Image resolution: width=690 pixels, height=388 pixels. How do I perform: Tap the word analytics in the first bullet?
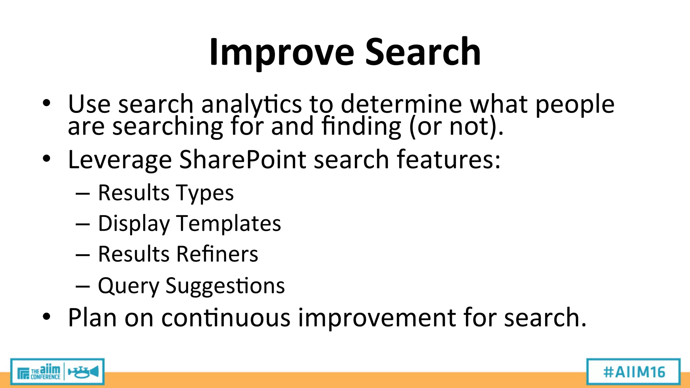tap(251, 104)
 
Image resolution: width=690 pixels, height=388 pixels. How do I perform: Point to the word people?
tap(575, 104)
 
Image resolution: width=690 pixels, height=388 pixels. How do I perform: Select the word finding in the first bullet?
tap(361, 127)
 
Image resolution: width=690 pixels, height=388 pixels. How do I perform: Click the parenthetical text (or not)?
tap(456, 127)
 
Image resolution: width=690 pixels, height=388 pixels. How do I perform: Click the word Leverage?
tap(120, 160)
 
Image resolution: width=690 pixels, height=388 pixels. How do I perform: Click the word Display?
tap(134, 224)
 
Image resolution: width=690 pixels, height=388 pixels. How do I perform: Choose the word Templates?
tap(228, 223)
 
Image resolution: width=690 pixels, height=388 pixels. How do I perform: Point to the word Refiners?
tap(217, 254)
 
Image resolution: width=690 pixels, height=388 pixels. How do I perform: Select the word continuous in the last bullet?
tap(226, 318)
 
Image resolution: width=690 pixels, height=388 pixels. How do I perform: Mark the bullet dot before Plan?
tap(46, 317)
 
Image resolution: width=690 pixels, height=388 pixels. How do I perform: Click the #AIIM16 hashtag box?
tap(633, 372)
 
